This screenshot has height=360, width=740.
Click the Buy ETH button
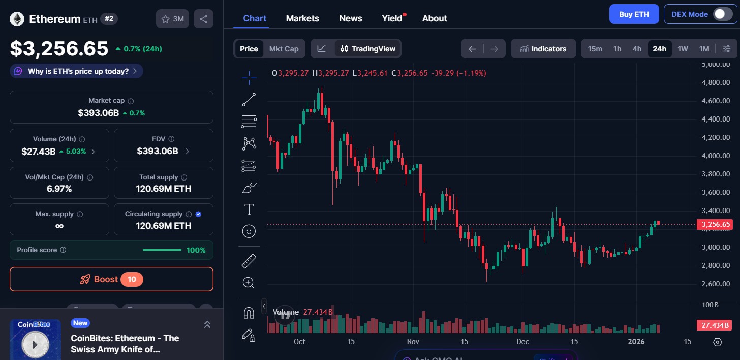[634, 14]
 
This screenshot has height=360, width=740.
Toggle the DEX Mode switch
[722, 14]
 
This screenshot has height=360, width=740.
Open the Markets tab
[302, 18]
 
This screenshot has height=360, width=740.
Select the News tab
[350, 18]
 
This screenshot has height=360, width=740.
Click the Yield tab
[392, 18]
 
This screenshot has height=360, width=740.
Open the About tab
[435, 18]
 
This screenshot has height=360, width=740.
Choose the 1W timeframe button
[683, 49]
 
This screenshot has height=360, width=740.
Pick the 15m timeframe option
[595, 49]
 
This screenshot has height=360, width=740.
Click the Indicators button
[543, 49]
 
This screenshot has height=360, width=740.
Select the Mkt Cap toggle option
[284, 49]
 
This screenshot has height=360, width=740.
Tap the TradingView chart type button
[368, 49]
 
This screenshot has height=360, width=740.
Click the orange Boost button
[111, 279]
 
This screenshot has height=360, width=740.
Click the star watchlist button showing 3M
[172, 19]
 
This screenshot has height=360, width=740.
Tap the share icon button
[203, 19]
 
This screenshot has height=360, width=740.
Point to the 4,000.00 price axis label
[715, 156]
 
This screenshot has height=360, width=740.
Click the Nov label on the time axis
[413, 342]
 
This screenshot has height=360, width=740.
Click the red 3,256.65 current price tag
[715, 224]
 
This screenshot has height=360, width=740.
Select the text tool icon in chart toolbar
[249, 209]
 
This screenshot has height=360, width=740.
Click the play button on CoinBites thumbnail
[35, 344]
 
